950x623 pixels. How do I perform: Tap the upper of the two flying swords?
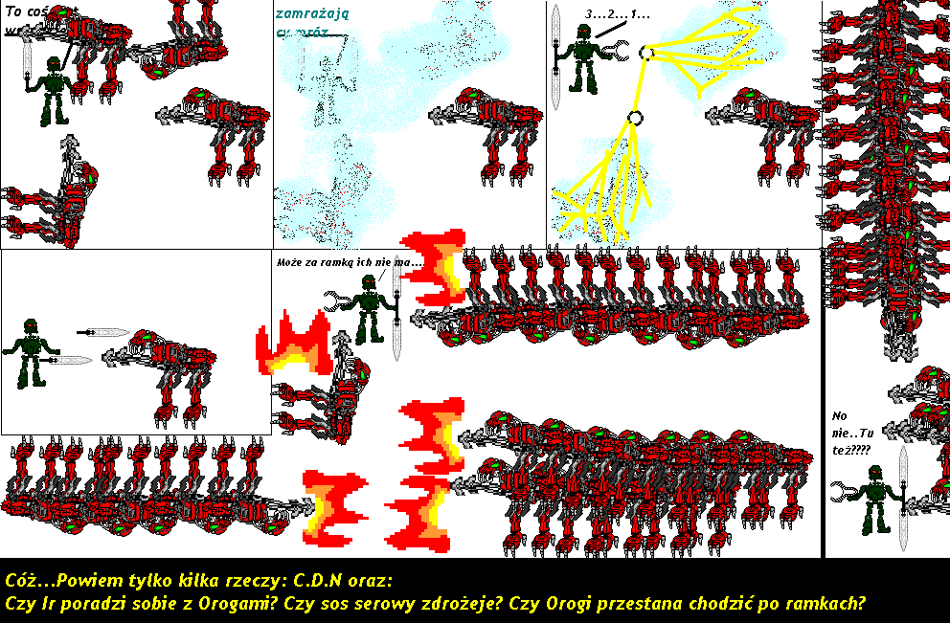point(102,332)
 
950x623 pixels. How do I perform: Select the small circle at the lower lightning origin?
point(633,119)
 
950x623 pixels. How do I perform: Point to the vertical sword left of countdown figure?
point(556,57)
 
